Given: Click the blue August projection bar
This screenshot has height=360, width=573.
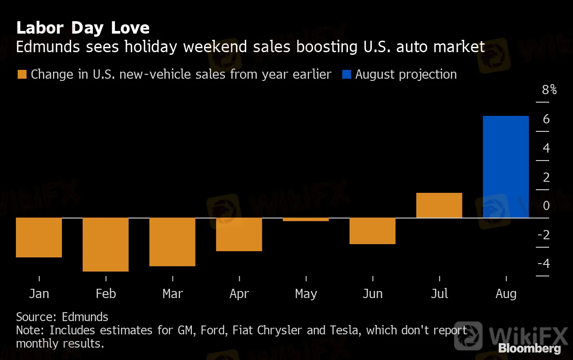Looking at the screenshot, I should pos(506,167).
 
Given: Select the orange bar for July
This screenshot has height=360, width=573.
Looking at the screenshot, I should pos(439,205).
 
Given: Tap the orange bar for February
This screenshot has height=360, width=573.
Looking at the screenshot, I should pos(106,244).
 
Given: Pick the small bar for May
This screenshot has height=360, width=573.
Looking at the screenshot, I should pos(306,219).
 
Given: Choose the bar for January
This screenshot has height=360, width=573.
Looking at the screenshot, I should pos(39,237).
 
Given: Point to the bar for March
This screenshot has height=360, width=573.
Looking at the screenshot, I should pos(172,242).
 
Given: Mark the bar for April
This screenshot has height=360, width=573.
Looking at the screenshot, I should pos(239,234).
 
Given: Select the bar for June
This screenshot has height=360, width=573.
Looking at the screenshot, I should pos(372,231).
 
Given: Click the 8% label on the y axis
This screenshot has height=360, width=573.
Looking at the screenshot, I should pos(549,90).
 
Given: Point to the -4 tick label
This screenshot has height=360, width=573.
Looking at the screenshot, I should pos(543,264).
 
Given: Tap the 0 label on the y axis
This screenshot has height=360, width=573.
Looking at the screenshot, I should pos(546,206).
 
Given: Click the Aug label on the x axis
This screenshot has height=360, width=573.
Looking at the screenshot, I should pos(506,294).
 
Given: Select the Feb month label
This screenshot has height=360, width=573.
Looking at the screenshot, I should pos(106,294).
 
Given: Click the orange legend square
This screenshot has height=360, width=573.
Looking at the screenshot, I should pos(21,74).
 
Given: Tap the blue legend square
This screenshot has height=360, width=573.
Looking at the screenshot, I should pos(346,74).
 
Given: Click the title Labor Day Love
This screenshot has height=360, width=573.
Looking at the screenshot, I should pos(83,28).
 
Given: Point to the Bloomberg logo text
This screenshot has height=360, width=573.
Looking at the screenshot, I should pos(530,349).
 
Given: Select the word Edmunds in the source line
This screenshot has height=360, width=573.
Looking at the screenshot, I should pos(85,317).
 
